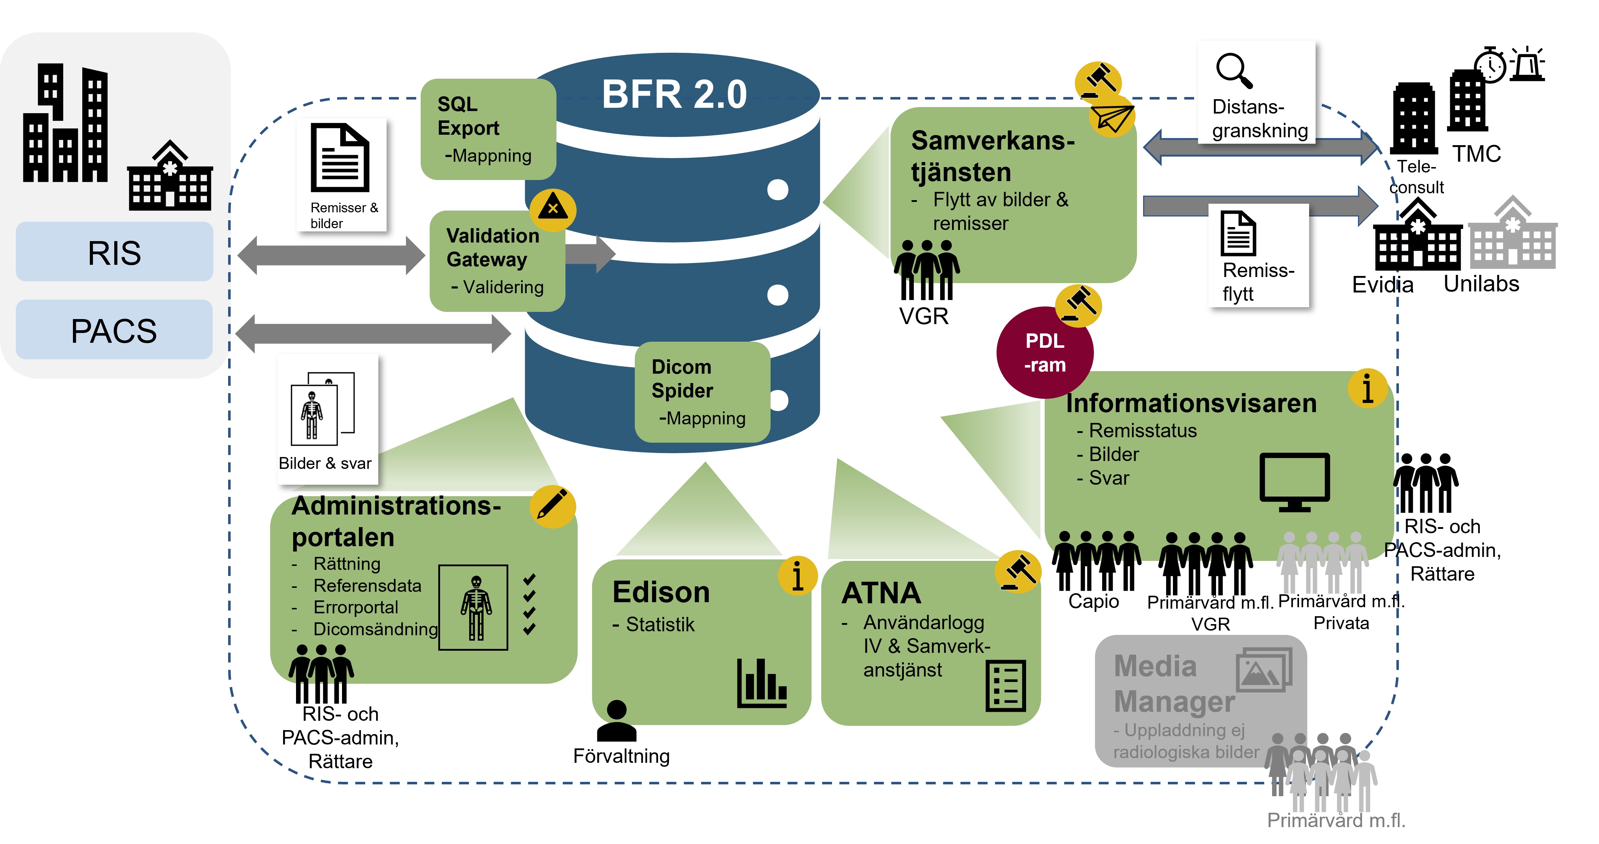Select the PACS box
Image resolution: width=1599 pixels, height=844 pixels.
click(x=114, y=330)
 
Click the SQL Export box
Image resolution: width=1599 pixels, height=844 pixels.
click(x=488, y=129)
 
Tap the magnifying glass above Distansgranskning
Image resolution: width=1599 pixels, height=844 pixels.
click(x=1234, y=70)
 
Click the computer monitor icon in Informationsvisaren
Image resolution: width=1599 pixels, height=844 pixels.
click(x=1294, y=482)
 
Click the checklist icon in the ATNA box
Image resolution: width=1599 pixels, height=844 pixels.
click(x=1006, y=686)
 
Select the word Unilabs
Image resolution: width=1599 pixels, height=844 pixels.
click(x=1481, y=284)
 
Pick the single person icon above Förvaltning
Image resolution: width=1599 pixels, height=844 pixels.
click(x=616, y=721)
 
